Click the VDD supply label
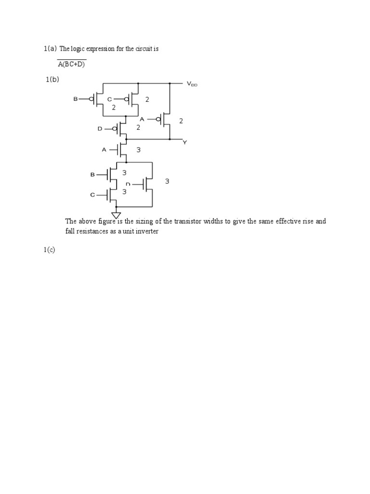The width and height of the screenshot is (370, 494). pyautogui.click(x=192, y=84)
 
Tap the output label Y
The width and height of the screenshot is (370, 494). pyautogui.click(x=185, y=142)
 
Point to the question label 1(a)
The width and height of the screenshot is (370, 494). pyautogui.click(x=50, y=49)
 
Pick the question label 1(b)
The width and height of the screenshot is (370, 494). pyautogui.click(x=53, y=80)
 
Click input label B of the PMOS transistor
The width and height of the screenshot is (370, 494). pyautogui.click(x=75, y=99)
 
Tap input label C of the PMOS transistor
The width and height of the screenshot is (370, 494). pyautogui.click(x=109, y=99)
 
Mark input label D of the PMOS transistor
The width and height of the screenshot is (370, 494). pyautogui.click(x=100, y=129)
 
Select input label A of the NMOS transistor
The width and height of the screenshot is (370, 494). pyautogui.click(x=104, y=150)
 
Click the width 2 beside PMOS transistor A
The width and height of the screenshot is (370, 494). pyautogui.click(x=181, y=121)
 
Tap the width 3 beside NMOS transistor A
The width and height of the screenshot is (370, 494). pyautogui.click(x=138, y=150)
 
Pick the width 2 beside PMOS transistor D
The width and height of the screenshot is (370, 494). pyautogui.click(x=138, y=128)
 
